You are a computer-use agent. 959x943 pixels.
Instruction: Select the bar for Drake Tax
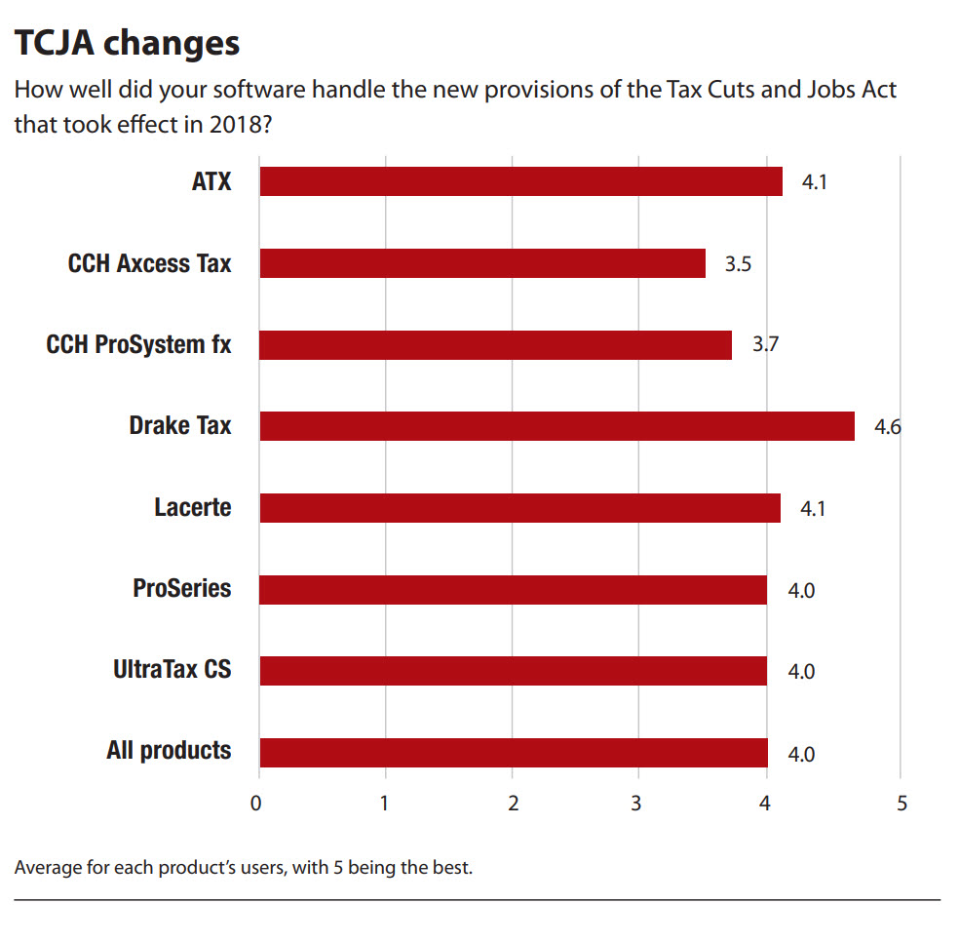pos(556,426)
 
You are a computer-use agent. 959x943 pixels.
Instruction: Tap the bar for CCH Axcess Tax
pos(482,263)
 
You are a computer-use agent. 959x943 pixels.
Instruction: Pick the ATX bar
pos(520,181)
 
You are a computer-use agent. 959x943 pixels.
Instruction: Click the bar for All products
pos(514,753)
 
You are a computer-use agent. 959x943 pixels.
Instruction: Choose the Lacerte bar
pos(519,508)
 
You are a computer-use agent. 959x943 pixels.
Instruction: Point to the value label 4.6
pos(887,426)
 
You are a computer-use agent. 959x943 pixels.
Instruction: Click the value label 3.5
pos(738,263)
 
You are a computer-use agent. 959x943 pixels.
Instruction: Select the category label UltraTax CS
pos(173,670)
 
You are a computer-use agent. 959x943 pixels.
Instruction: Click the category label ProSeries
pos(182,589)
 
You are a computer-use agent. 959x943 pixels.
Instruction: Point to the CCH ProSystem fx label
pos(139,344)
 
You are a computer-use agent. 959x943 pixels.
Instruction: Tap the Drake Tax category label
pos(180,426)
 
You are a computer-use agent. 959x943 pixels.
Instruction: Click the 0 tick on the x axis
pos(256,804)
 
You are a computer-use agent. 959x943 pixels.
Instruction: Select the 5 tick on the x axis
pos(901,804)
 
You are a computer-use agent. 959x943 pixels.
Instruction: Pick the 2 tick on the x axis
pos(514,804)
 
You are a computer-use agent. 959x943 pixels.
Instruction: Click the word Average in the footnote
pos(48,867)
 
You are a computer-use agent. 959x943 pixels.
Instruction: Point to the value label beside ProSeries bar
pos(801,590)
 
